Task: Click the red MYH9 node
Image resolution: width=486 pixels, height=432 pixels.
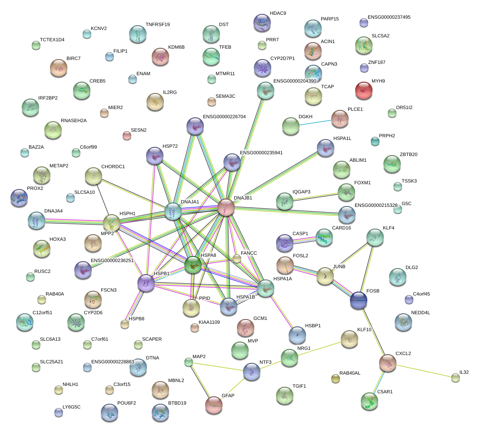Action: tap(363, 90)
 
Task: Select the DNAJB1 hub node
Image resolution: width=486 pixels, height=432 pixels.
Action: tap(226, 207)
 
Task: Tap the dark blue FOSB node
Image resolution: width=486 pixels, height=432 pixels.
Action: tap(359, 300)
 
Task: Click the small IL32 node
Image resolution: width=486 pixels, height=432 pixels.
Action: tap(455, 378)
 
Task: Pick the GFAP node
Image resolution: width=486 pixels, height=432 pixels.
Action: tap(213, 404)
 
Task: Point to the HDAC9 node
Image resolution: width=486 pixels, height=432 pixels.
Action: tap(262, 23)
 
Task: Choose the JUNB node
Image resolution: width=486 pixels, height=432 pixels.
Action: tap(325, 276)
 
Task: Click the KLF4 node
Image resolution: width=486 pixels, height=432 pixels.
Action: tap(375, 237)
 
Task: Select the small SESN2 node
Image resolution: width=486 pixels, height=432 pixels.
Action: tap(126, 136)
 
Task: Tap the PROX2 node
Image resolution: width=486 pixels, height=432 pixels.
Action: tap(19, 198)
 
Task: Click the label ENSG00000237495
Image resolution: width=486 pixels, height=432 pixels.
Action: tap(389, 17)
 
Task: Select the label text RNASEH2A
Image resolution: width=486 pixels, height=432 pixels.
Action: tap(73, 120)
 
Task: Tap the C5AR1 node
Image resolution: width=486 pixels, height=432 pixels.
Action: tap(369, 401)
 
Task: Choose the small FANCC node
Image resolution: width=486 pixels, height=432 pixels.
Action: tap(236, 259)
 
